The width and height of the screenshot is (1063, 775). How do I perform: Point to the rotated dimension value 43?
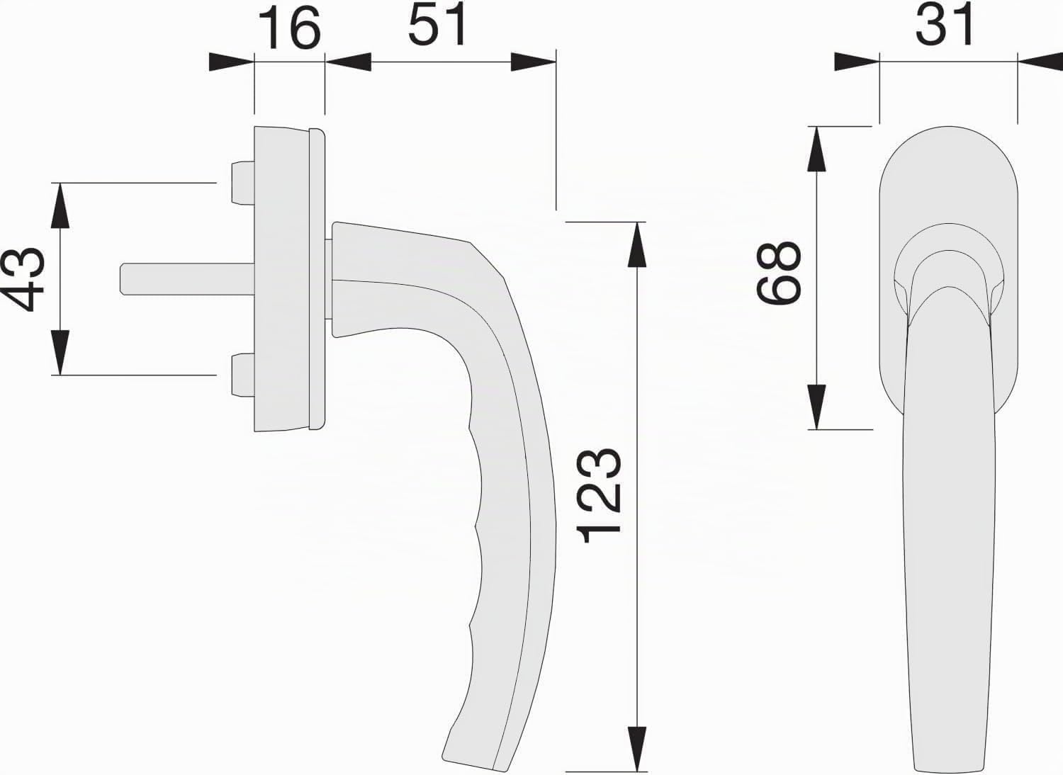(23, 279)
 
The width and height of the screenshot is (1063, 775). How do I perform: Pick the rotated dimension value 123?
(599, 495)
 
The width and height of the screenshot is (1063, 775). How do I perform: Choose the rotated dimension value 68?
(779, 272)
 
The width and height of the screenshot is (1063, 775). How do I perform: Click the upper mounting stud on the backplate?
(243, 183)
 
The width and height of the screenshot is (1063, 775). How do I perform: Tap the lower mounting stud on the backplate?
(243, 375)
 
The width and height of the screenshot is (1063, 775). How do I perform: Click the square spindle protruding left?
(187, 279)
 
